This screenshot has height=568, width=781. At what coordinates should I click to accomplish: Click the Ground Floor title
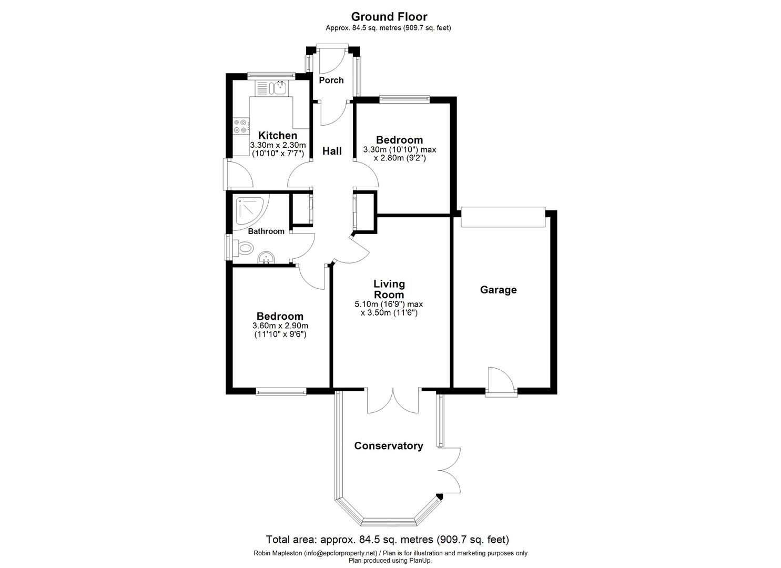click(389, 17)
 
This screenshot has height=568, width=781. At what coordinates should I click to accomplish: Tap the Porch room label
click(331, 80)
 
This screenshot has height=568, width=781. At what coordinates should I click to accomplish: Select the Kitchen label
click(277, 136)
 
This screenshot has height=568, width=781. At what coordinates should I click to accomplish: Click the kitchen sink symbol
click(271, 87)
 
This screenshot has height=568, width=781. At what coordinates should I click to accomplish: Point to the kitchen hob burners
click(240, 126)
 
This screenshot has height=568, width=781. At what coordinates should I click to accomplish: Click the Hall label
click(332, 151)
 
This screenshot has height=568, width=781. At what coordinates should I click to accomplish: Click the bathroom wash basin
click(267, 258)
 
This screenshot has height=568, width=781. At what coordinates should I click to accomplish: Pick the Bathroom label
click(266, 231)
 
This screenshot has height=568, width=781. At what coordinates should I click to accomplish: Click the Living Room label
click(389, 289)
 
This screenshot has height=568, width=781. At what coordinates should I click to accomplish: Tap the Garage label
click(498, 290)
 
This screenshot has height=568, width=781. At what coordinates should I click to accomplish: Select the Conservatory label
click(388, 446)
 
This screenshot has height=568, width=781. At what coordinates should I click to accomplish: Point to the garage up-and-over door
click(502, 217)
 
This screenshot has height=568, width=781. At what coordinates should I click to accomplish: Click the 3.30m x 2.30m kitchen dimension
click(277, 145)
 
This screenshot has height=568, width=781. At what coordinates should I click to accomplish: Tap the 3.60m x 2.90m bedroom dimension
click(280, 326)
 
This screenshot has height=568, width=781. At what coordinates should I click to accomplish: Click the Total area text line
click(387, 540)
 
